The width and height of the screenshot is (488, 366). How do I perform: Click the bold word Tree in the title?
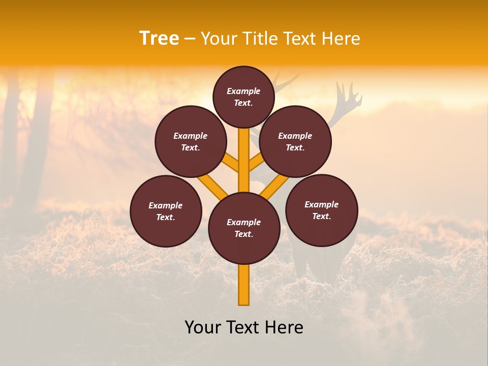[159, 39]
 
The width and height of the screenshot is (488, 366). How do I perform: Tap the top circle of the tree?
[243, 97]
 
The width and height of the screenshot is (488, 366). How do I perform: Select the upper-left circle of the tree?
[191, 141]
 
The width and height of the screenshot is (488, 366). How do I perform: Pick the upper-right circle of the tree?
[295, 141]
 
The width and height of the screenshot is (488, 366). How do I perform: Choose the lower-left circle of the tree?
[166, 211]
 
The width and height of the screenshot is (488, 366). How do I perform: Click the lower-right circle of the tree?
[321, 210]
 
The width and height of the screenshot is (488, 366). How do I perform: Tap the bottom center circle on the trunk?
[244, 228]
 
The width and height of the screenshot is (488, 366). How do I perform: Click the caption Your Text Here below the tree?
[244, 327]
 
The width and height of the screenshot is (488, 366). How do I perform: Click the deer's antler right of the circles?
[351, 99]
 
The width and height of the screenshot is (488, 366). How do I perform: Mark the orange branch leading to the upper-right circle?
[257, 163]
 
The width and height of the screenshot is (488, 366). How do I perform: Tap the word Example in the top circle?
[243, 91]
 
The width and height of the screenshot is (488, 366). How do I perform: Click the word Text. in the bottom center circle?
[243, 234]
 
